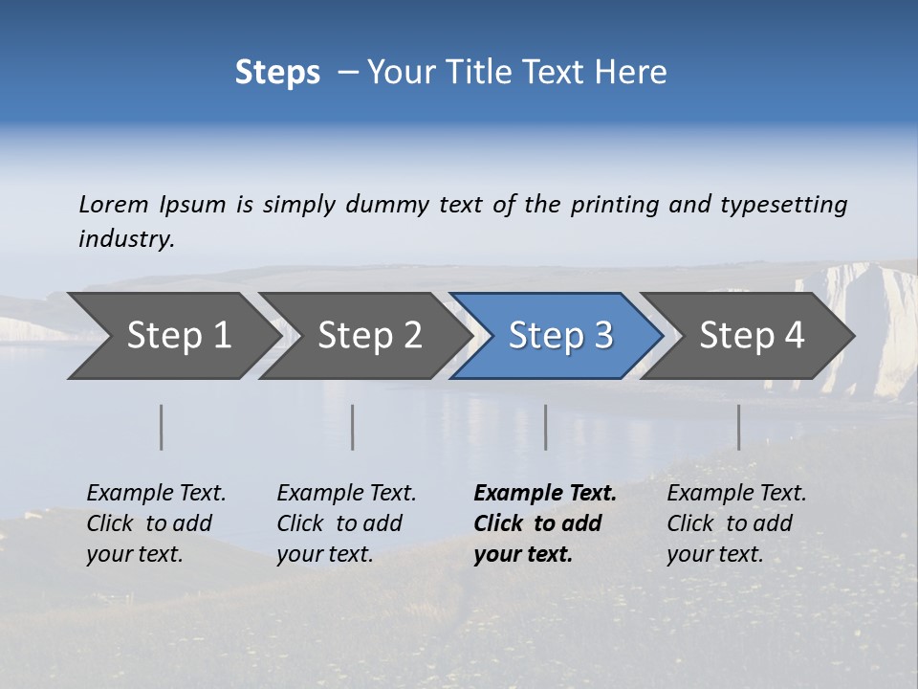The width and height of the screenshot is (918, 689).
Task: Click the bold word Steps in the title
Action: coord(277,73)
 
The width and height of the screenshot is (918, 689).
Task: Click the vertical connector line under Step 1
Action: coord(162,427)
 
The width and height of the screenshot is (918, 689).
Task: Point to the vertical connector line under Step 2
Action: coord(353,427)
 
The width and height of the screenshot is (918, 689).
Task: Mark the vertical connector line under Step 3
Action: coord(546,427)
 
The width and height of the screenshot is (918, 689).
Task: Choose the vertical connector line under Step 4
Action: coord(739,427)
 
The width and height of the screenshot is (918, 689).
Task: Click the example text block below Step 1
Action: coord(156,523)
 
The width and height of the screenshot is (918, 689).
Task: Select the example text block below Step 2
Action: coord(346,523)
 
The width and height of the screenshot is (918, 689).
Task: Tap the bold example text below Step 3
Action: coord(545,523)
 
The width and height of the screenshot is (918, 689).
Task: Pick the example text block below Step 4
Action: coord(736,523)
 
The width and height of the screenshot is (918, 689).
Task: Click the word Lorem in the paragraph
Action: coord(113,205)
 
